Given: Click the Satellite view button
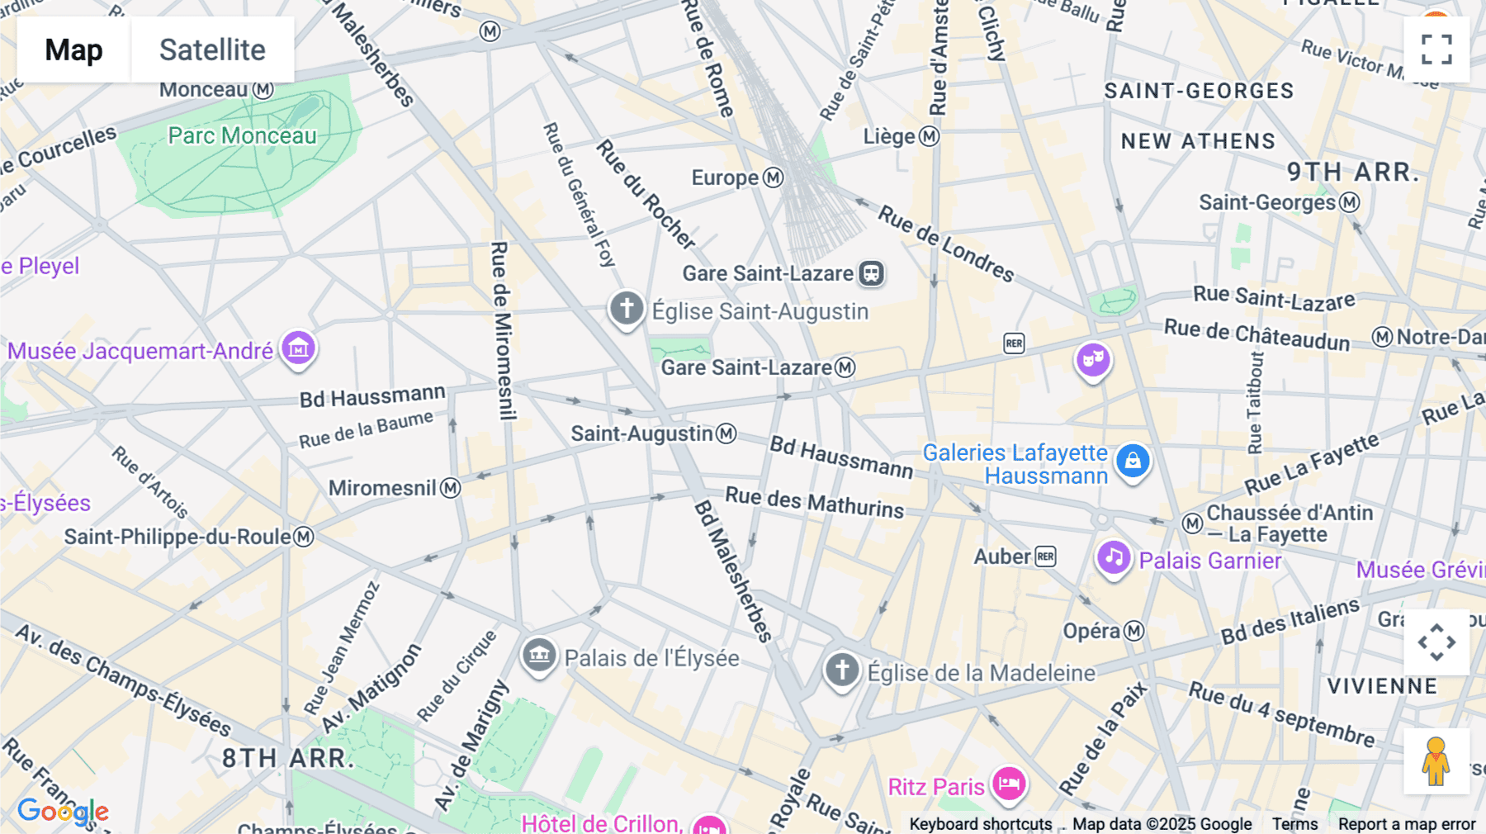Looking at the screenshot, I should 212,50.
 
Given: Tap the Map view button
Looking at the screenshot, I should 73,50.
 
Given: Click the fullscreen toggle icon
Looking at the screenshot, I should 1436,50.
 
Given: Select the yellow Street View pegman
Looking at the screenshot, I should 1436,761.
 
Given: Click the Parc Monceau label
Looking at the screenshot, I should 242,135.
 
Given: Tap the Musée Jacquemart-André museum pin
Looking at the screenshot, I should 298,348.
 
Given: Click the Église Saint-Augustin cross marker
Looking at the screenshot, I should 627,309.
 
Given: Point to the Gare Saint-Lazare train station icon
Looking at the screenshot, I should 871,273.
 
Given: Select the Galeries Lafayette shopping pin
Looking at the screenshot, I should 1133,460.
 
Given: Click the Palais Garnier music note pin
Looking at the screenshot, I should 1113,558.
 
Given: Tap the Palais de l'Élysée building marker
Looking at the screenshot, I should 539,656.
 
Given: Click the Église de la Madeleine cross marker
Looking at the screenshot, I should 842,670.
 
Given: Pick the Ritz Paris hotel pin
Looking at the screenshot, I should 1009,783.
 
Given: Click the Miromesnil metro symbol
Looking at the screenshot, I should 450,488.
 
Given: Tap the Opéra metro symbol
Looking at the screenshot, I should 1134,631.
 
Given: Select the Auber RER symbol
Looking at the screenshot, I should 1045,557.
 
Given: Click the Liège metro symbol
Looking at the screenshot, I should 930,136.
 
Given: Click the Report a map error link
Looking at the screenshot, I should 1406,824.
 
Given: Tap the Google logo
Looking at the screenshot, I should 63,811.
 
